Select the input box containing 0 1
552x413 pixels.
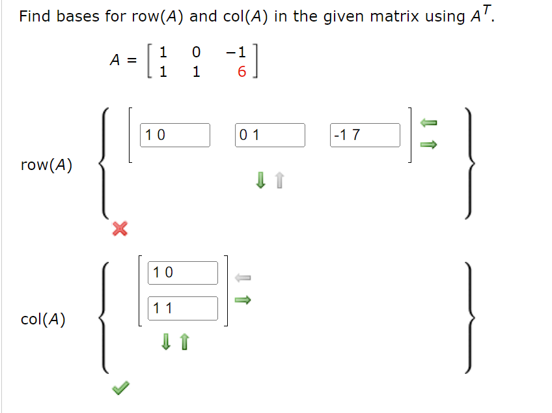tap(271, 135)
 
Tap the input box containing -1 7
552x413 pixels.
tap(365, 135)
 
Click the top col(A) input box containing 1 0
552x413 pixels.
tap(184, 273)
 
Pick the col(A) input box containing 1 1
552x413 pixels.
tap(184, 308)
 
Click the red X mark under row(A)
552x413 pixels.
tap(119, 229)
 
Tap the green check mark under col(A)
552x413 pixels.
tap(119, 388)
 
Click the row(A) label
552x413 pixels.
tap(46, 165)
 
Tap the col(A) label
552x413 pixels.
tap(43, 320)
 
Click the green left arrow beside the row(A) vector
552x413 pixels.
tap(427, 122)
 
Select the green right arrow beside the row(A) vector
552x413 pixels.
tap(427, 145)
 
